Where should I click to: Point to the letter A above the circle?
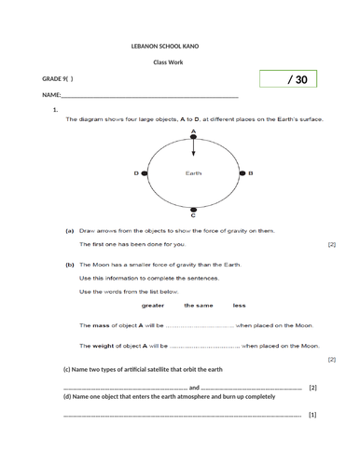[192, 133]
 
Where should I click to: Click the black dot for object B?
[242, 173]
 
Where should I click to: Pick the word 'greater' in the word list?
[153, 305]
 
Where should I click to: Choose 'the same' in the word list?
[197, 305]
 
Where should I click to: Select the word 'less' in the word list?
[239, 305]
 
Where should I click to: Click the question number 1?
[57, 111]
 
